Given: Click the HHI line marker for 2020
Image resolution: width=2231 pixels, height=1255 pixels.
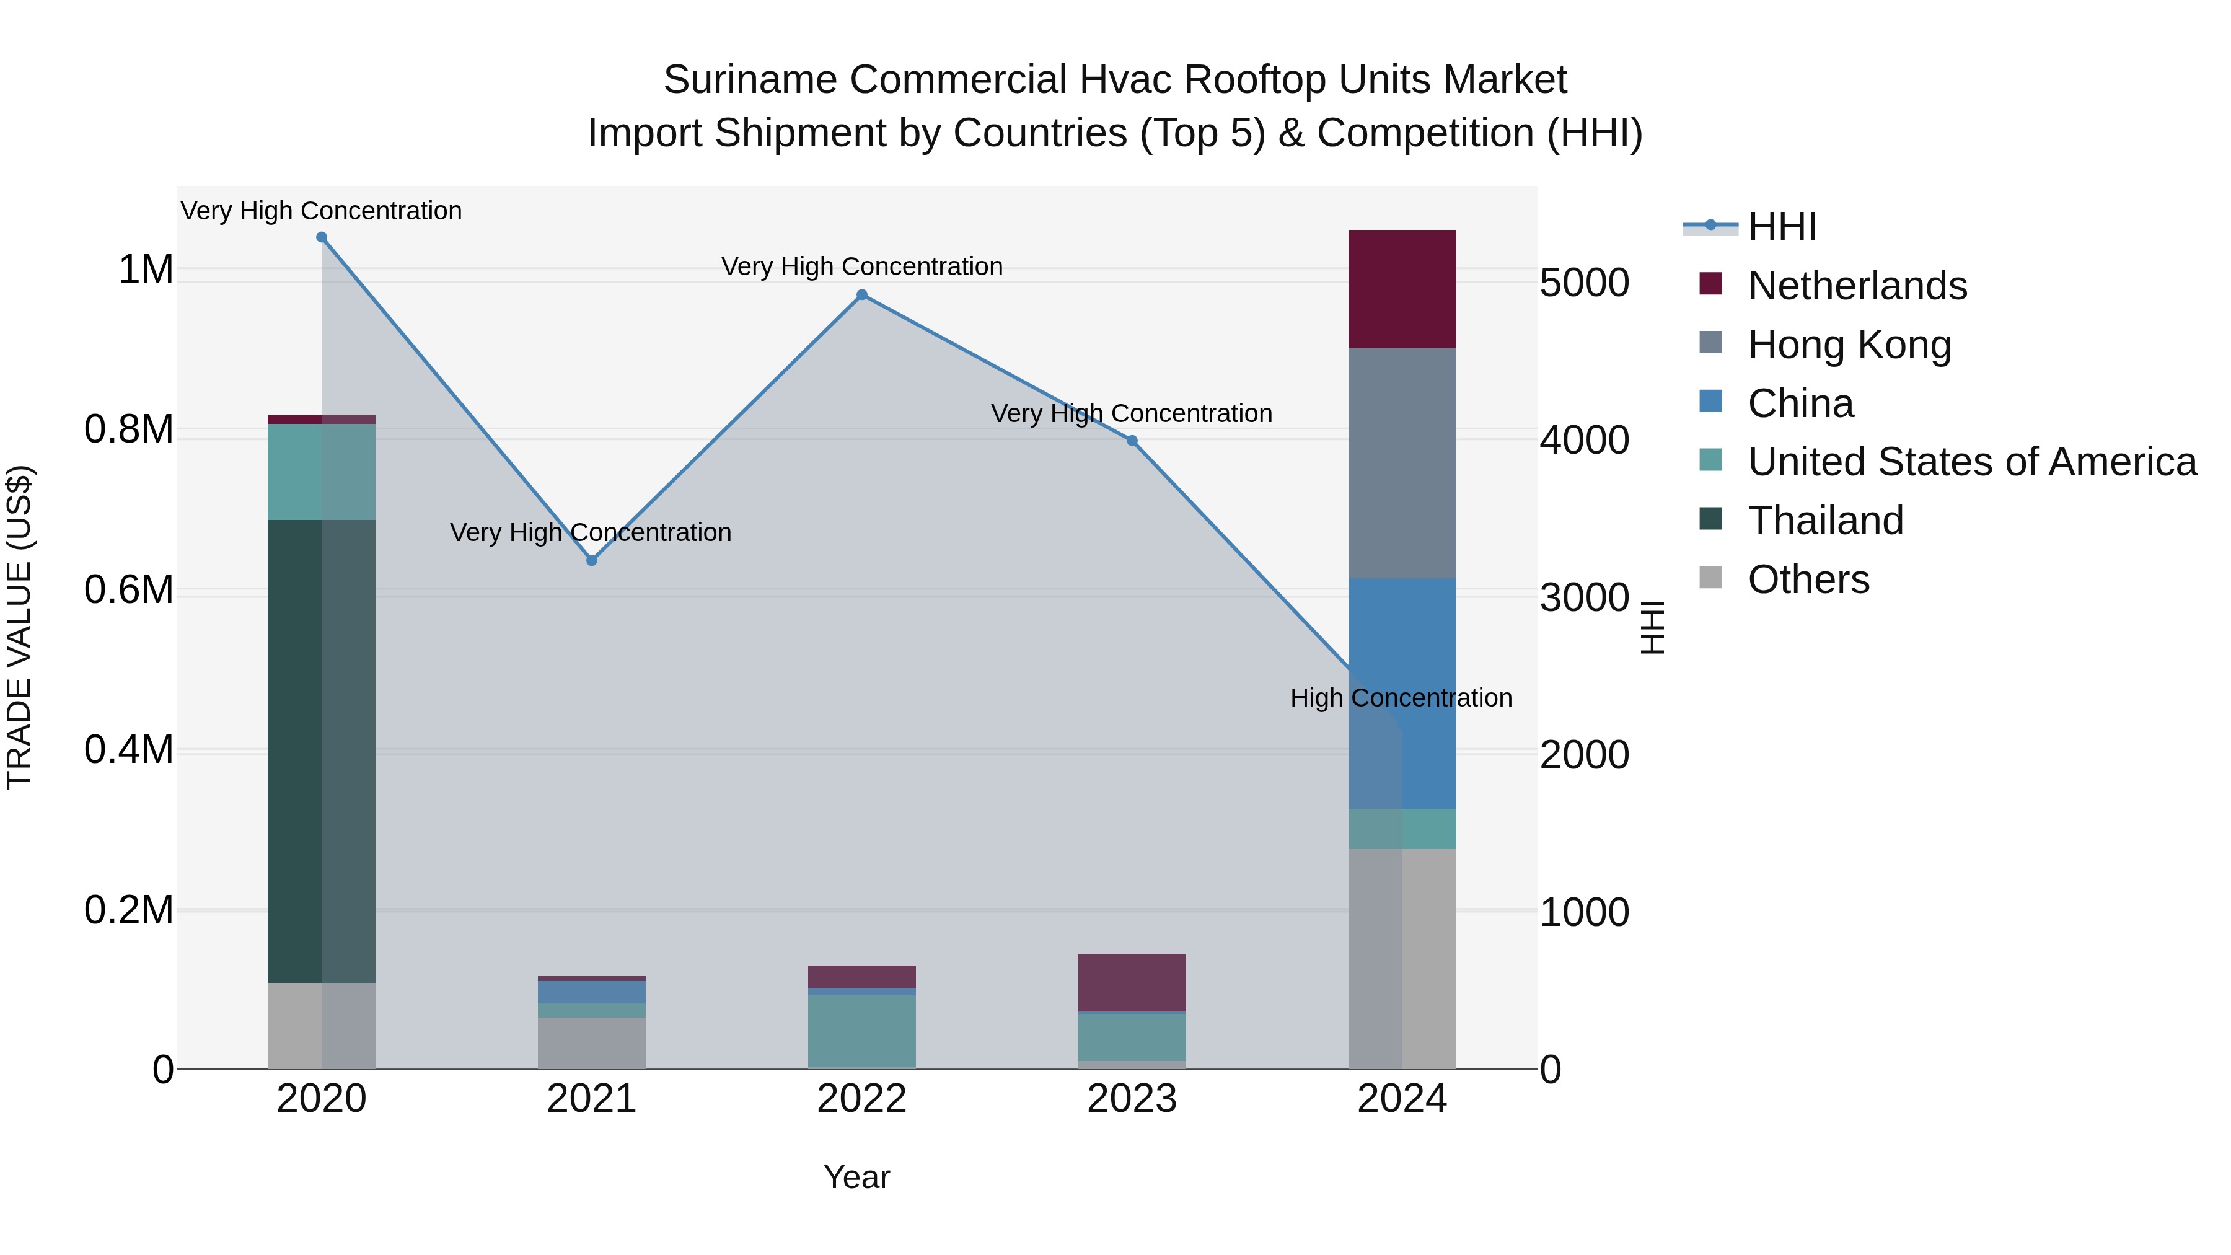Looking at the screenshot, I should click(x=321, y=237).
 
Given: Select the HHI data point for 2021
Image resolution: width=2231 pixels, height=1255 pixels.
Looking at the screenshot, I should click(x=592, y=560).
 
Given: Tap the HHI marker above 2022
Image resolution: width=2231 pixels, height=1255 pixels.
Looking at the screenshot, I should click(x=862, y=296).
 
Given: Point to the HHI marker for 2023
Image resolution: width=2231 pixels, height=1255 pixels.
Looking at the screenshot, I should click(x=1132, y=441).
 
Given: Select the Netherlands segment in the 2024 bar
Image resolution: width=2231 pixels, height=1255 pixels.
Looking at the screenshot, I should click(x=1402, y=289).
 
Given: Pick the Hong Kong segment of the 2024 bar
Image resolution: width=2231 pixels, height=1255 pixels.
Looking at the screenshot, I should click(x=1402, y=464).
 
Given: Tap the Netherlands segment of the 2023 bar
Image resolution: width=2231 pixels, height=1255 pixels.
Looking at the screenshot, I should click(x=1132, y=982).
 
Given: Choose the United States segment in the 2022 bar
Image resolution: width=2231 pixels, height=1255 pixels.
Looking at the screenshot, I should click(x=862, y=1031).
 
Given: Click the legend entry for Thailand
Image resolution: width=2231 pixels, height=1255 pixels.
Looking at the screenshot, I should click(x=1825, y=521).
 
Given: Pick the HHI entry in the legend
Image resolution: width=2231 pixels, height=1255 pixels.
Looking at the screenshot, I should click(x=1782, y=227).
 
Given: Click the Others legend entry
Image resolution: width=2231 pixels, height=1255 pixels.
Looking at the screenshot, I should click(x=1808, y=579).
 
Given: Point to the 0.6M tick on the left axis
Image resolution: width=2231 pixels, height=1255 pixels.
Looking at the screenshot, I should click(x=129, y=590).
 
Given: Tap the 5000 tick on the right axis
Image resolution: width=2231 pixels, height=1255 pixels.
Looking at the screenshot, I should click(x=1585, y=283).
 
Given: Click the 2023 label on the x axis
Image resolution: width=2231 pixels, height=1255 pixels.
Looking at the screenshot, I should click(x=1132, y=1099).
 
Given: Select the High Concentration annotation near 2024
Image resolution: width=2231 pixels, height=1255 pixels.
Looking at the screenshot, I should click(x=1401, y=698).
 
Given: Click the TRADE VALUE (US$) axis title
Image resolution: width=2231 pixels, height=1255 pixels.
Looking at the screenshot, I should click(x=19, y=627).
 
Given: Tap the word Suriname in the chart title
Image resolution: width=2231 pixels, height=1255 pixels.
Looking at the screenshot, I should click(x=749, y=80).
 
